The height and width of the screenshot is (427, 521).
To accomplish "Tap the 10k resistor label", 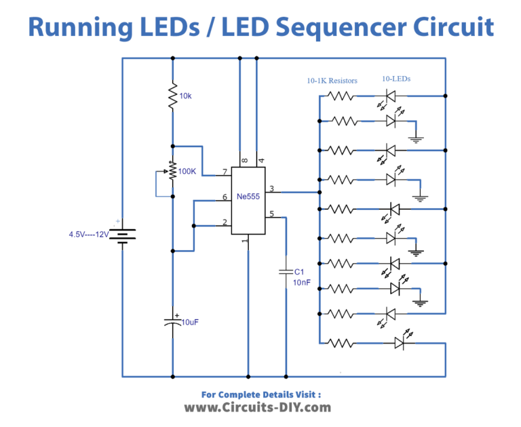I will tap(185, 96).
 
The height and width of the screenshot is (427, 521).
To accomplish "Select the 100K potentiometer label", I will tap(187, 171).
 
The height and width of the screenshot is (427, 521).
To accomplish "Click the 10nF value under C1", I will tap(302, 281).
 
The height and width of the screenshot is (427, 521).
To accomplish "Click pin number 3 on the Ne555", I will tap(271, 188).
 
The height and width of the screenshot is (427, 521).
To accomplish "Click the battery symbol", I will tap(122, 235).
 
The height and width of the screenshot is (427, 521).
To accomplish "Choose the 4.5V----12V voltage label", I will tap(88, 235).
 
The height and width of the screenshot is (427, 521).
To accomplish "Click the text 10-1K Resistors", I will tap(332, 81).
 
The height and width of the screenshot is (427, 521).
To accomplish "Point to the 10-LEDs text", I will tap(396, 79).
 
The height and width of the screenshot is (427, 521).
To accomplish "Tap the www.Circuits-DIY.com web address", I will tap(258, 407).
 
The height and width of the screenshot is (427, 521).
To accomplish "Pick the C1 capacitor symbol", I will tap(286, 272).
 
